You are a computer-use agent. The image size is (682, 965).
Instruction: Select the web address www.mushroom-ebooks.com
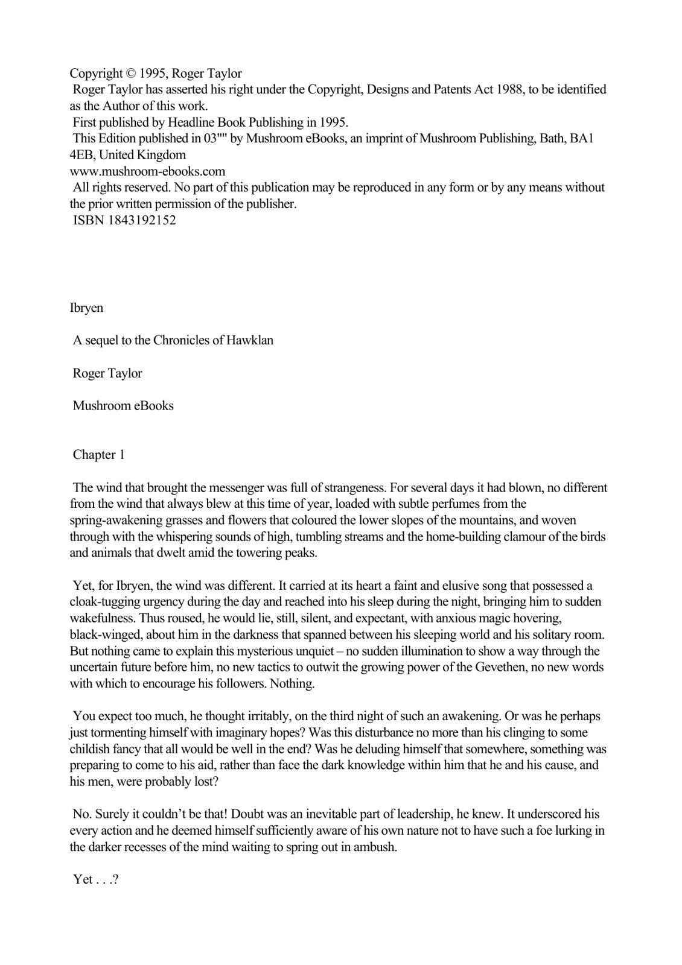(148, 171)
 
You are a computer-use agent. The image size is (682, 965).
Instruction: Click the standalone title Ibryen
(86, 308)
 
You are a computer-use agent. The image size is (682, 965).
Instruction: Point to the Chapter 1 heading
(98, 455)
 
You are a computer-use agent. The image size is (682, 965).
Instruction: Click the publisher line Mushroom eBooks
(123, 405)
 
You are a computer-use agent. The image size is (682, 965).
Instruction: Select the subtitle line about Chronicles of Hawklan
(173, 340)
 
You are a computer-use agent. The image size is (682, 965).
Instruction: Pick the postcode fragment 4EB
(81, 155)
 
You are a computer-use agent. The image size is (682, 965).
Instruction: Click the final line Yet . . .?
(95, 879)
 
